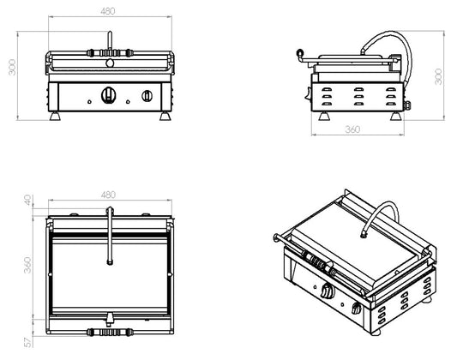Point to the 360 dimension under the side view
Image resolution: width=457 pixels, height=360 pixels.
352,129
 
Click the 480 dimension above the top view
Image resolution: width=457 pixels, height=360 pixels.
108,195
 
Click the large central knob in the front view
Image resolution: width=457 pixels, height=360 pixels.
108,94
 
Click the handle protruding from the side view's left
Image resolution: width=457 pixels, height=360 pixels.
299,55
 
